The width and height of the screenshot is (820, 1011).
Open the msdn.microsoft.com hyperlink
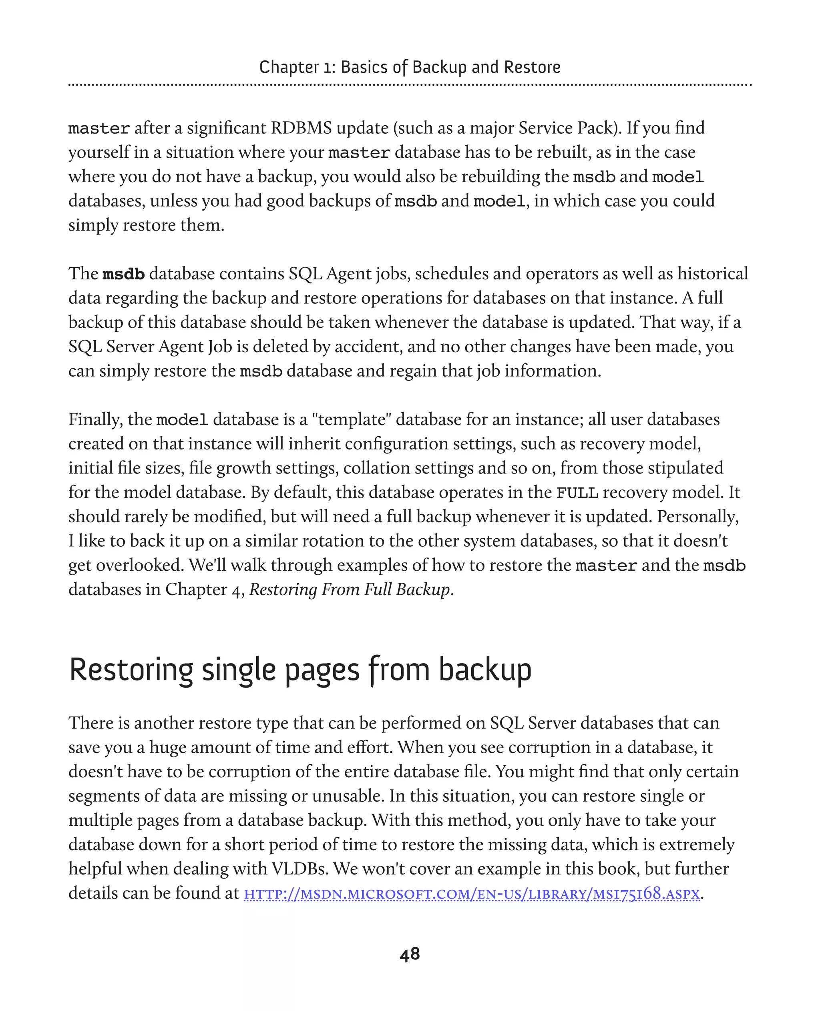tap(471, 894)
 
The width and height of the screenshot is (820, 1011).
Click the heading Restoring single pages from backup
tap(300, 670)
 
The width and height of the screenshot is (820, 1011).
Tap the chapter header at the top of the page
tap(410, 67)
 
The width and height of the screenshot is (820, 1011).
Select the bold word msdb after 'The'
tap(123, 274)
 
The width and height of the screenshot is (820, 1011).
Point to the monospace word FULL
tap(577, 493)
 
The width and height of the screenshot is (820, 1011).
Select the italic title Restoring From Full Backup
tap(350, 590)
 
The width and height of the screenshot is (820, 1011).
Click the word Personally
tap(697, 517)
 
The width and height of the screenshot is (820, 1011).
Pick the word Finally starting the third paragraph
tap(95, 420)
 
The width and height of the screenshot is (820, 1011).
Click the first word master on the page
tap(99, 128)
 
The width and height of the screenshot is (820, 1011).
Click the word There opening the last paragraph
tap(92, 723)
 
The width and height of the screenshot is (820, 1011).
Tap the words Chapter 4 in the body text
tap(203, 590)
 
